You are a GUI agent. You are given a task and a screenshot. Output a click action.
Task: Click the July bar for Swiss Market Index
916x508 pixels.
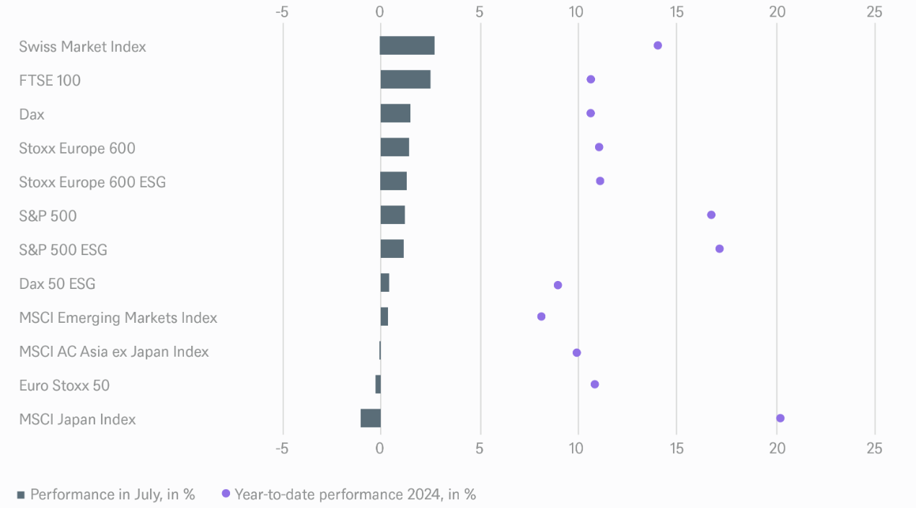pos(407,45)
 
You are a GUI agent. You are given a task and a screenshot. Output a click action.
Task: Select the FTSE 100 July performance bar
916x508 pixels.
pos(405,79)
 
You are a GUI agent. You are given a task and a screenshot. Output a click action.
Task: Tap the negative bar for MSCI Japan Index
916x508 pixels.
pos(371,418)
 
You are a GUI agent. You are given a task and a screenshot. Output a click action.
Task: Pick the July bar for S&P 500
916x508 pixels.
pos(392,215)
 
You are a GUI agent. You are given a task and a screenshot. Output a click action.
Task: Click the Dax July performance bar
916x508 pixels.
pos(395,113)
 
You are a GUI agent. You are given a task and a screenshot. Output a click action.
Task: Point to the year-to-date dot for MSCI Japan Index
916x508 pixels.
pos(780,418)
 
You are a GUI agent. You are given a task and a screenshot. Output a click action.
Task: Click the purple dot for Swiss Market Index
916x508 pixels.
pos(657,45)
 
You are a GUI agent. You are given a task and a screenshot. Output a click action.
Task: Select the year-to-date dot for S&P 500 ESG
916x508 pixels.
pos(719,249)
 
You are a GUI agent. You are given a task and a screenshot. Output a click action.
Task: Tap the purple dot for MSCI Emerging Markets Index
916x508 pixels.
pos(541,316)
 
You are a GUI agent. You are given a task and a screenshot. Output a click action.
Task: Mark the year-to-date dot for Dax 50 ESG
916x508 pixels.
pos(558,285)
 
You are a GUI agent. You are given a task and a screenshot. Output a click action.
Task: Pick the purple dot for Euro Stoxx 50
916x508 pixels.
pos(594,384)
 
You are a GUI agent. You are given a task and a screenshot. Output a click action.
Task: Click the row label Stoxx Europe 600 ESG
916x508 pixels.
pos(92,182)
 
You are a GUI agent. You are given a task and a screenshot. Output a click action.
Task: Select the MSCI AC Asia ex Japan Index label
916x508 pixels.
pos(114,352)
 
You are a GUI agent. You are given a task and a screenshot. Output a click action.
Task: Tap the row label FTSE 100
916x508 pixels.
pos(50,80)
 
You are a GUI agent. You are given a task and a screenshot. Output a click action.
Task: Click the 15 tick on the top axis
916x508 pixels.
pos(676,12)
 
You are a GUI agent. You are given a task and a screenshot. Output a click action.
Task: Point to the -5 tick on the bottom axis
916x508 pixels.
pos(282,448)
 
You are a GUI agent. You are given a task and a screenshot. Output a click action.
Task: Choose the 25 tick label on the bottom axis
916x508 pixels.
pos(874,448)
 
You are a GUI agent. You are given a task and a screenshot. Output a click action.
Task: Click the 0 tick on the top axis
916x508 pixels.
pos(380,12)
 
